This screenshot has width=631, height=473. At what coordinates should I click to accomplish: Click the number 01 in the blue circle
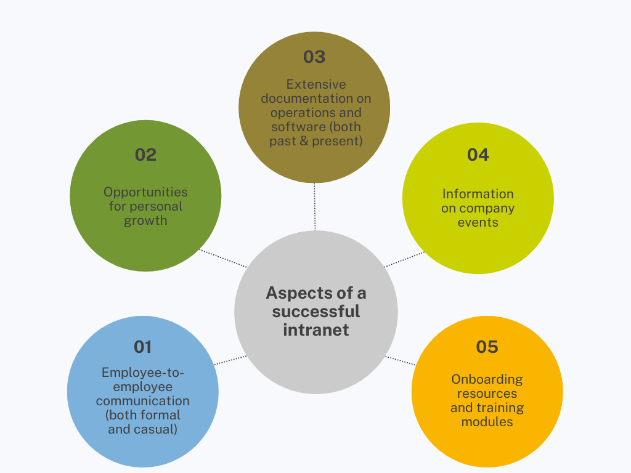pos(142,347)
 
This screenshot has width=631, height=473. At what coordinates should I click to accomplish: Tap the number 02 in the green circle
pos(145,155)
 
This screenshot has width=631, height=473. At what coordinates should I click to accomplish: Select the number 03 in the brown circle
pos(314,57)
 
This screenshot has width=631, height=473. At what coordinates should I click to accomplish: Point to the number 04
pos(478,155)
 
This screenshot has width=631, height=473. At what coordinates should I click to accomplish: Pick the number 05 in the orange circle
pos(487,347)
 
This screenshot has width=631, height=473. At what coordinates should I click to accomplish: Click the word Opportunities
pos(145,192)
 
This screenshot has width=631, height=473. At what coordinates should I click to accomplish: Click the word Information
pos(478,194)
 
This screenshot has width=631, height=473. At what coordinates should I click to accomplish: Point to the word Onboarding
pos(487,379)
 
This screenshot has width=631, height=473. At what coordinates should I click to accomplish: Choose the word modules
pos(487,422)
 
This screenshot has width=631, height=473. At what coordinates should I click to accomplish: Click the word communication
pos(142,401)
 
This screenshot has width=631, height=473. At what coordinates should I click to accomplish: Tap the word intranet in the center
pos(316,329)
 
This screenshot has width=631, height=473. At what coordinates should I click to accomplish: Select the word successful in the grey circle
pos(316,311)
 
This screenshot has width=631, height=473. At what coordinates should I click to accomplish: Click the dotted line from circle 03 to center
pos(315,206)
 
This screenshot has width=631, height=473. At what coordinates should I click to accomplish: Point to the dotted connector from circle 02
pos(223,258)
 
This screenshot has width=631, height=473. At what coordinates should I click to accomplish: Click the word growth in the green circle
pos(145,220)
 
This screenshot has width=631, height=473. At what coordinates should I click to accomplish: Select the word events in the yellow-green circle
pos(478,222)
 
